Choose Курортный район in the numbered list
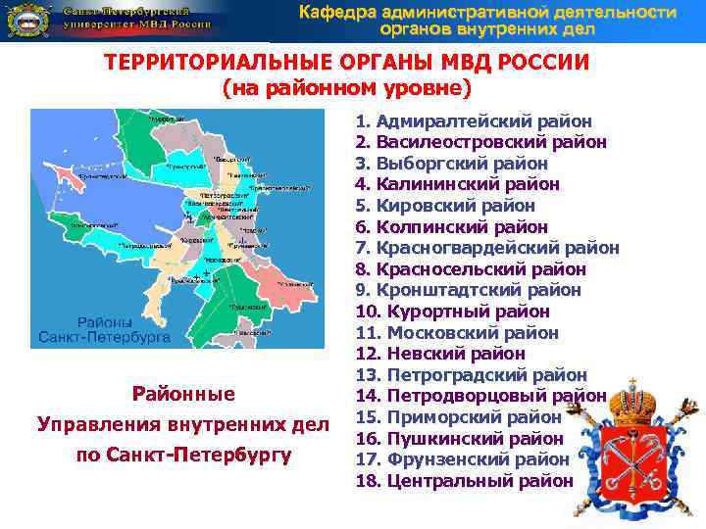pyautogui.click(x=452, y=312)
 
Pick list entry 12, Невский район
pyautogui.click(x=443, y=354)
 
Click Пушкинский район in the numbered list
pyautogui.click(x=459, y=438)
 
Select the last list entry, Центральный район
pyautogui.click(x=464, y=480)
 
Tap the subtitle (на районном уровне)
pyautogui.click(x=347, y=88)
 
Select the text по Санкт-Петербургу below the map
pyautogui.click(x=164, y=455)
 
